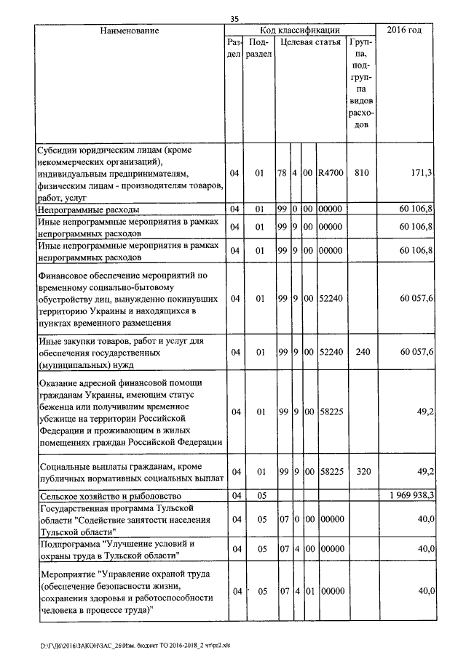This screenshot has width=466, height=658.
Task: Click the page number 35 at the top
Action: (x=234, y=19)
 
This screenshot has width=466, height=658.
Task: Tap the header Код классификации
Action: (x=300, y=31)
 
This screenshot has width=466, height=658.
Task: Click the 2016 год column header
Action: (x=405, y=31)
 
